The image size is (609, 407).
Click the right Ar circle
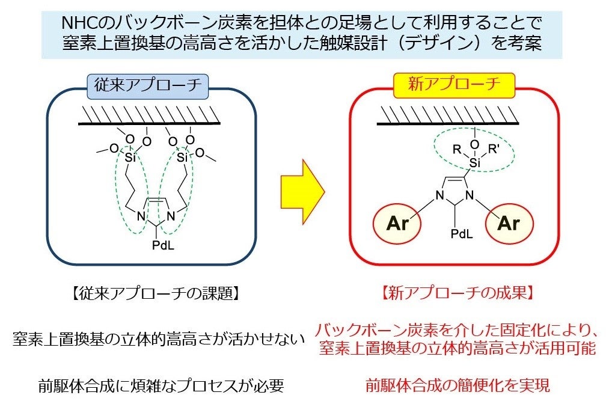coord(509,223)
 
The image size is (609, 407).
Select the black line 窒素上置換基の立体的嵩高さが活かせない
coord(155,340)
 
